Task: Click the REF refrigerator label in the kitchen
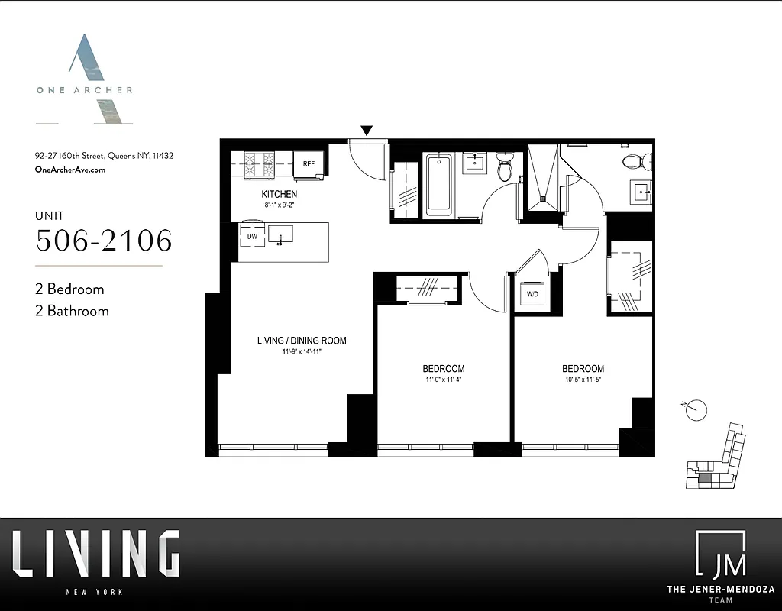(309, 164)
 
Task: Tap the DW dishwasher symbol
(252, 236)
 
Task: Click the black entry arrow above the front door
(367, 131)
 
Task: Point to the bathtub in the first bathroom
(439, 186)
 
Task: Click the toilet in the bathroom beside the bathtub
(505, 167)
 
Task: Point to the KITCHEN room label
(279, 195)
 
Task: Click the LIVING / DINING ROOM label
(302, 341)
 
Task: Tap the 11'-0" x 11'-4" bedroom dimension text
(444, 380)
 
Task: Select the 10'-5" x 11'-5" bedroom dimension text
(583, 380)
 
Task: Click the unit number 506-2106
(104, 240)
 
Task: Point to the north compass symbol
(696, 409)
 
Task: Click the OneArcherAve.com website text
(70, 170)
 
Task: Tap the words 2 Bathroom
(72, 311)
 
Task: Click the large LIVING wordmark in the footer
(96, 554)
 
